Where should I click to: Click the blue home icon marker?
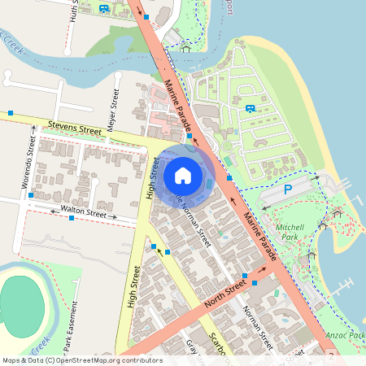(183, 175)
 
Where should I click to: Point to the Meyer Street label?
(115, 105)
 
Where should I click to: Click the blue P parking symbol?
(287, 190)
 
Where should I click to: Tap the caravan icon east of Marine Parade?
(250, 107)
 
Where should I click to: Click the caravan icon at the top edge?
(103, 8)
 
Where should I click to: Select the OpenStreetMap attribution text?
(81, 360)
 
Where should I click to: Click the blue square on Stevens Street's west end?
(11, 113)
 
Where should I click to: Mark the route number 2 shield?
(331, 356)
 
